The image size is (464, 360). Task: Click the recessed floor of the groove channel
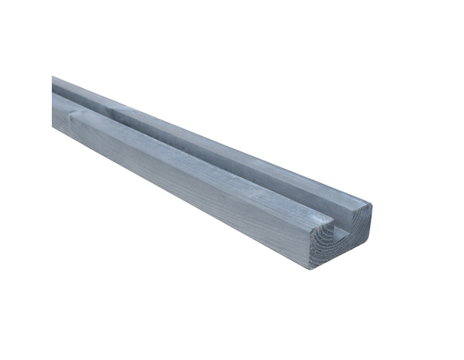click(232, 166)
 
